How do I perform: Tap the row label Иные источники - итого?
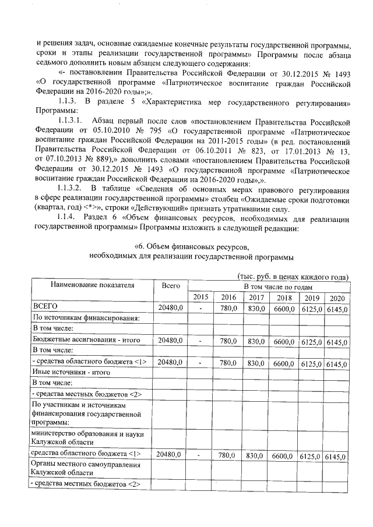pos(71,372)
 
